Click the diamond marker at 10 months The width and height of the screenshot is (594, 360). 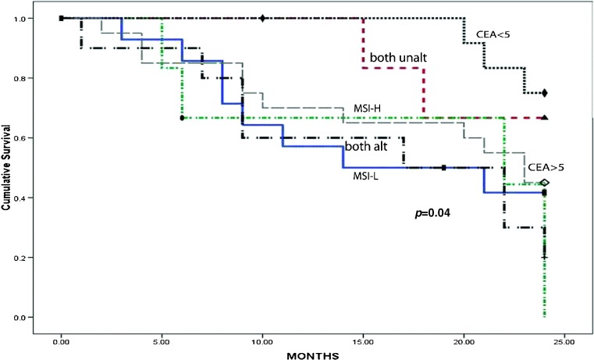point(262,18)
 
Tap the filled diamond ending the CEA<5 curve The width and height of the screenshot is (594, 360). point(544,93)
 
